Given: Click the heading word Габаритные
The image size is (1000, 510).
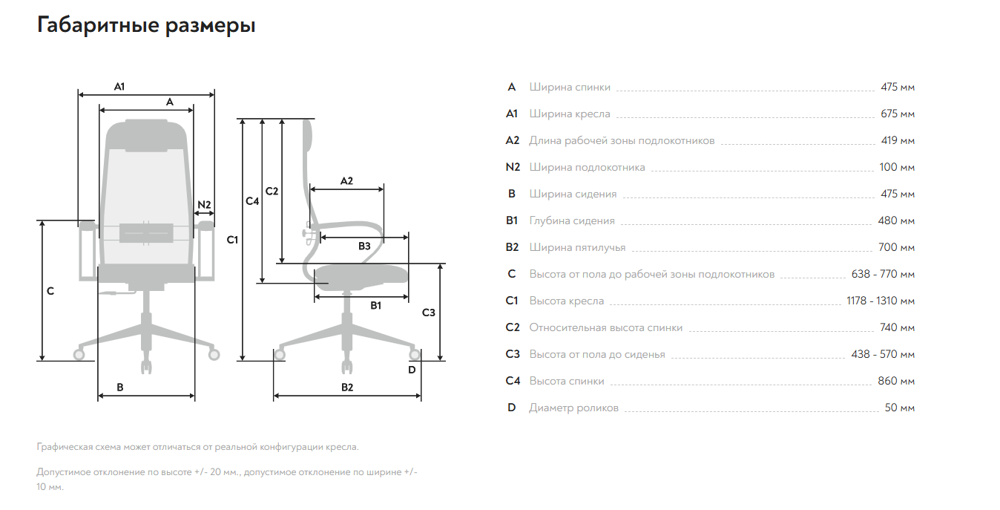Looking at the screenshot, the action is pos(98,25).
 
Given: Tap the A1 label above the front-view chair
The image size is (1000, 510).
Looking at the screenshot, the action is pos(119,87).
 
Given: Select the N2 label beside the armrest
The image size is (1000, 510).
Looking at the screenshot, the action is pos(204,205).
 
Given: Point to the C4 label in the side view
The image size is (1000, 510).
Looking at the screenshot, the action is pos(252,201).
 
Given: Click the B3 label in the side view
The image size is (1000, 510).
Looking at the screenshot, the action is pos(364,246).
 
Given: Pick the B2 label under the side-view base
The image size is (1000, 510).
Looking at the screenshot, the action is pos(347,388).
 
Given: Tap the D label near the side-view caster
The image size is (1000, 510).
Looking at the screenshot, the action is pos(412,370).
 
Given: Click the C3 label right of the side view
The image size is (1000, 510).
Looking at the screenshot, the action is pos(428,313).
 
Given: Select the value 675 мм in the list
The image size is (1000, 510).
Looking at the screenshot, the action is pos(898,114).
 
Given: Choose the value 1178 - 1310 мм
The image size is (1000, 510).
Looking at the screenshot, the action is pos(881,301).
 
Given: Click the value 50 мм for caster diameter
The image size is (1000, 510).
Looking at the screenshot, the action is pos(900,408).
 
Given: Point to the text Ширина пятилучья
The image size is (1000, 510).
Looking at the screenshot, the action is pos(577,248).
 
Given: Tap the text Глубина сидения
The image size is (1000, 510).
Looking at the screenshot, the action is pos(572,221).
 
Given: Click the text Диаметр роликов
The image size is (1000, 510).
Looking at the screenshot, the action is pos(573,408).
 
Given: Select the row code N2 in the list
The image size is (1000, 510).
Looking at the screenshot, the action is pos(513,168).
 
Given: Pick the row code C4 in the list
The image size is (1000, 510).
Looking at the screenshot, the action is pos(513,381).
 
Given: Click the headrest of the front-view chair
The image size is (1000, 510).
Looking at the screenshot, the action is pos(146,134).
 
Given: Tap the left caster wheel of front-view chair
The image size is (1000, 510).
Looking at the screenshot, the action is pos(79,355).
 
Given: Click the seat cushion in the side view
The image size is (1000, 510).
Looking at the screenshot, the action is pos(361,275).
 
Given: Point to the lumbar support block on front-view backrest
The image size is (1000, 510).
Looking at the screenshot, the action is pos(146,232).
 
